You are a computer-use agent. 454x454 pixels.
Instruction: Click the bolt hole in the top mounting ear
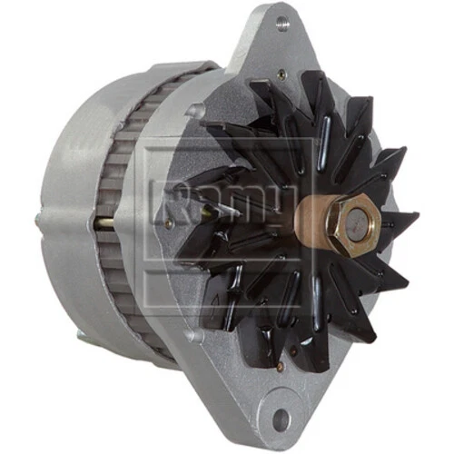click(x=282, y=25)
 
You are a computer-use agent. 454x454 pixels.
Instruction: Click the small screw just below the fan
click(x=195, y=339)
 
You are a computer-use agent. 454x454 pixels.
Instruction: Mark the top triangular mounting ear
click(x=272, y=41)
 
